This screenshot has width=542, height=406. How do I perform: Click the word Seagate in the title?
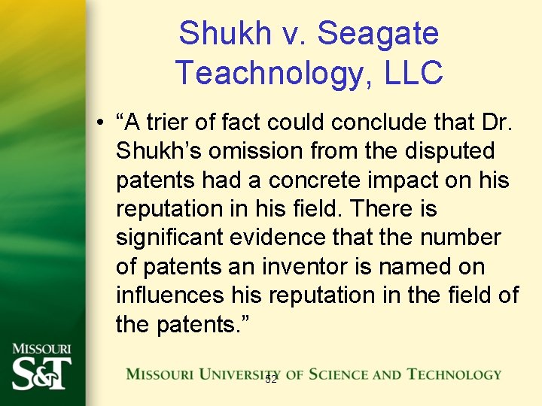pos(378,34)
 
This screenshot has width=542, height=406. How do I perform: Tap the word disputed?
pos(452,152)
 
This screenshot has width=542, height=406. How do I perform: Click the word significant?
pos(169,238)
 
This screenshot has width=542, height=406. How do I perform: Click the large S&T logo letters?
pos(42,373)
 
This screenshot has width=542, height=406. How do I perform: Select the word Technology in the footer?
pos(454,374)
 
